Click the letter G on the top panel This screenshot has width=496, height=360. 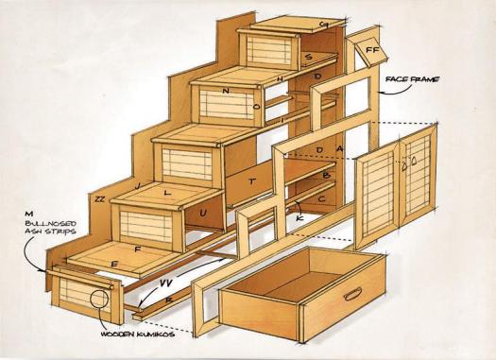[x=323, y=25]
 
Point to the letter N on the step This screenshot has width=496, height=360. [x=225, y=91]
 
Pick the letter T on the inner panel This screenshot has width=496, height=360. [x=251, y=180]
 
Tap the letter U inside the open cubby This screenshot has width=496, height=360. [x=203, y=214]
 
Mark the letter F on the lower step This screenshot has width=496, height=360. [x=138, y=249]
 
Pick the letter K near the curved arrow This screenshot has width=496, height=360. [x=300, y=219]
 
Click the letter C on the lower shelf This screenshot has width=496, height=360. [x=322, y=199]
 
